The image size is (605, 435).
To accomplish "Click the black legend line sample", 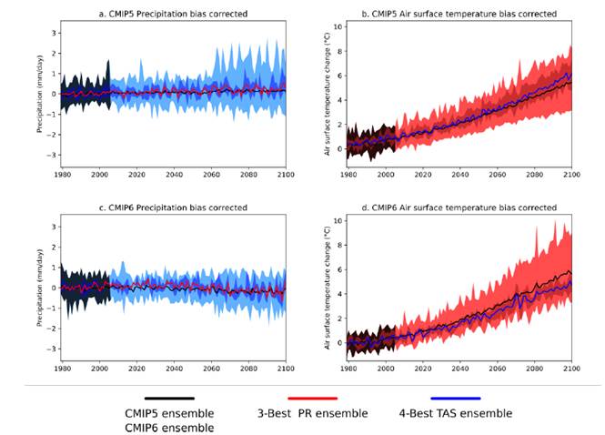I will pyautogui.click(x=169, y=398).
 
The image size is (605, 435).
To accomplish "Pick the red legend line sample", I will pyautogui.click(x=312, y=398).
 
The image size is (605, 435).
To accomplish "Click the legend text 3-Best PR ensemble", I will pyautogui.click(x=313, y=413).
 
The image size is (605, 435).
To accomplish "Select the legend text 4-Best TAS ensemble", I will pyautogui.click(x=456, y=413).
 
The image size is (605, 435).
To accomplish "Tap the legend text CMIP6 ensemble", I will pyautogui.click(x=169, y=427).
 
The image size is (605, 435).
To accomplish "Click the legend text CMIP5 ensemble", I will pyautogui.click(x=169, y=413).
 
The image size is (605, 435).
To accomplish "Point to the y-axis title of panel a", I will pyautogui.click(x=41, y=94).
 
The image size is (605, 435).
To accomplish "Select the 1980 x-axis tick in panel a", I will pyautogui.click(x=62, y=174).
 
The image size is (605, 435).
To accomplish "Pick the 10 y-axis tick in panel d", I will pyautogui.click(x=337, y=220).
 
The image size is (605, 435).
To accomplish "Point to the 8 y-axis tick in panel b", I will pyautogui.click(x=338, y=51).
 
